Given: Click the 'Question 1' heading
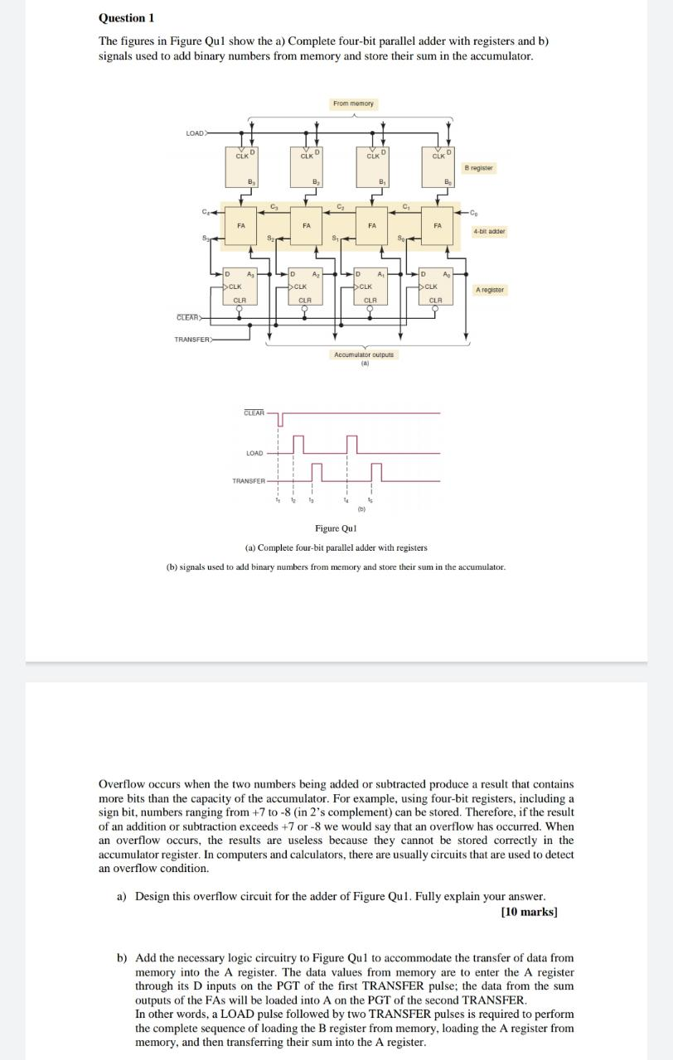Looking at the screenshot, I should click(x=126, y=17).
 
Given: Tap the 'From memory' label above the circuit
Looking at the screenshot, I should click(x=353, y=104).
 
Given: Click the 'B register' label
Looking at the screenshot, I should click(x=478, y=168).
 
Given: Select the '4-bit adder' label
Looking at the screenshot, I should click(x=488, y=232).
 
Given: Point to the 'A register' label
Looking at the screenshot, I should click(x=489, y=290).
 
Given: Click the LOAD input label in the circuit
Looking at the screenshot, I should click(x=196, y=132).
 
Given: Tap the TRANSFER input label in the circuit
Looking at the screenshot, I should click(x=193, y=339).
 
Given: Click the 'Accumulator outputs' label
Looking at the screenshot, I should click(x=365, y=354).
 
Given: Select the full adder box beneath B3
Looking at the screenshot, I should click(x=240, y=225).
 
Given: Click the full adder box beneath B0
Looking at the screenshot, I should click(x=438, y=225).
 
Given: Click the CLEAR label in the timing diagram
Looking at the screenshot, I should click(x=254, y=412).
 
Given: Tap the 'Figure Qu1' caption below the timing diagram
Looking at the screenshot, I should click(x=336, y=528).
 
